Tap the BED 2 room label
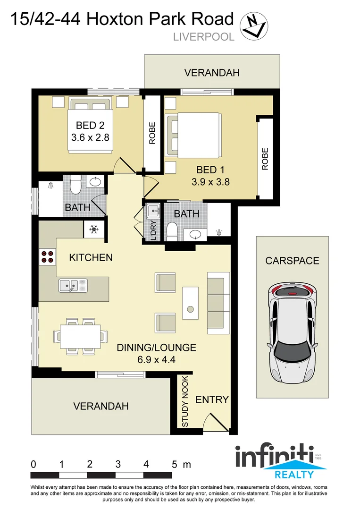pyautogui.click(x=90, y=126)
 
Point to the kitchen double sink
pyautogui.click(x=73, y=285)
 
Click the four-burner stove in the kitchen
pyautogui.click(x=47, y=256)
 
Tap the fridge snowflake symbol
pyautogui.click(x=93, y=230)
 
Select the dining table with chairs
pyautogui.click(x=79, y=336)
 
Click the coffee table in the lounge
pyautogui.click(x=190, y=303)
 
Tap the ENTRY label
pyautogui.click(x=212, y=399)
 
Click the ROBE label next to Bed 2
pyautogui.click(x=152, y=134)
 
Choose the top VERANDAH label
pyautogui.click(x=212, y=73)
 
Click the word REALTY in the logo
pyautogui.click(x=295, y=475)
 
